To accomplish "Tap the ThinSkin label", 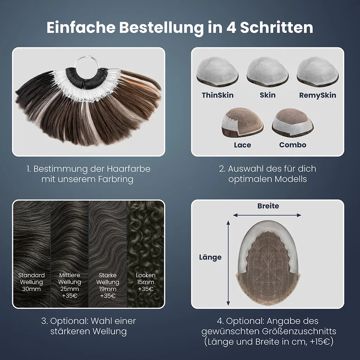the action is coord(218,95).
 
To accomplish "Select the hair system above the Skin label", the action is coord(268,72).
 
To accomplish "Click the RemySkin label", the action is coord(317,95).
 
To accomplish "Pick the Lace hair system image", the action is coord(242,122).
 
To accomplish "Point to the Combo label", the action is coord(293,145).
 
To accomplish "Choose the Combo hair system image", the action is coord(293,123).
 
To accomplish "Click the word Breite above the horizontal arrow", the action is coord(268,206).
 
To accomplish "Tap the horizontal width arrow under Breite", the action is coord(267,215).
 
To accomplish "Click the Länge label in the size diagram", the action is coord(210,257).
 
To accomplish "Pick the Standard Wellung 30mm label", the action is coord(31,282).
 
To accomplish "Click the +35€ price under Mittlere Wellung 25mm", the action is coord(70,296).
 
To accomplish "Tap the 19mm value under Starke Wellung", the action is coord(108,289).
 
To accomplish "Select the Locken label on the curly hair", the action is coord(146,275).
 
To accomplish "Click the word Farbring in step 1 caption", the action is coord(116,179).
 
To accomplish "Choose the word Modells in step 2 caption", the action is coord(291,179).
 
